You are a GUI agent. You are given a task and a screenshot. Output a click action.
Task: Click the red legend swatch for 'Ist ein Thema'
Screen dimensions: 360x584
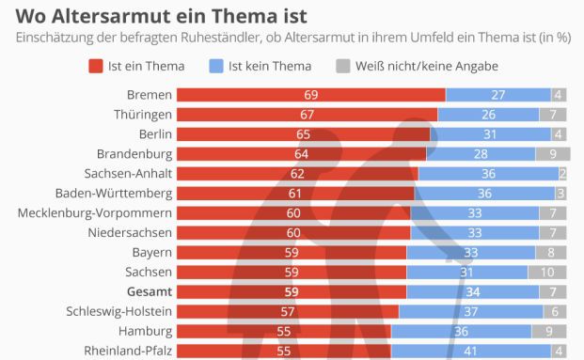95,67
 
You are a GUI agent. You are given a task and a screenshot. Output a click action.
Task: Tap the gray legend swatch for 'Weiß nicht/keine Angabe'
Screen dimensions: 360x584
343,67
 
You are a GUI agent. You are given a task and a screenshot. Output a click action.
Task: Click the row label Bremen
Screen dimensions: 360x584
149,95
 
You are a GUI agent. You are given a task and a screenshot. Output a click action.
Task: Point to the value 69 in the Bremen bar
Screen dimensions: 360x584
310,95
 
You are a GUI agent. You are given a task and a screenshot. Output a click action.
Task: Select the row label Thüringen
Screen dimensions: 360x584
143,115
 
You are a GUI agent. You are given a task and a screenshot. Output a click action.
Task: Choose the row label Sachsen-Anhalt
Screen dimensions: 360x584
127,174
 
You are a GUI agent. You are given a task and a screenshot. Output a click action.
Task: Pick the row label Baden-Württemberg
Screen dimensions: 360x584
116,193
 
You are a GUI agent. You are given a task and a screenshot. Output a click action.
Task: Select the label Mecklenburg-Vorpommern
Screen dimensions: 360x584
95,212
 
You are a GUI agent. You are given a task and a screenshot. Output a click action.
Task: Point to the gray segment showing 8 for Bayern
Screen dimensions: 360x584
553,252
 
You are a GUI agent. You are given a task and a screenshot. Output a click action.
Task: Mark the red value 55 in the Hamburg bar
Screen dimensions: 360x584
283,331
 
